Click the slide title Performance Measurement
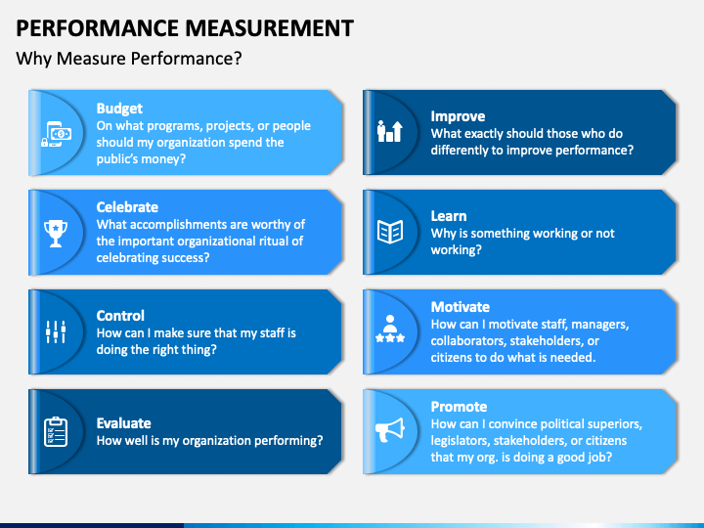tap(185, 28)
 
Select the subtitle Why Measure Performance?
tap(129, 59)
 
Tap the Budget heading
tap(119, 109)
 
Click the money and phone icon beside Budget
tap(56, 134)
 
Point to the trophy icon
tap(56, 234)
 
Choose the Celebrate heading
tap(127, 207)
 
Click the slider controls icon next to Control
tap(56, 332)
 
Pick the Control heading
tap(120, 316)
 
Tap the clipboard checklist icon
tap(56, 432)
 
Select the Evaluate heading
tap(123, 423)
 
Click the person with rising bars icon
tap(390, 132)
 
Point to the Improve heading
tap(458, 116)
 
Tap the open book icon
tap(390, 232)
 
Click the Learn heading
tap(449, 216)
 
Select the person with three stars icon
tap(390, 330)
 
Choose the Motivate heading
tap(461, 307)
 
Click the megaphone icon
tap(390, 429)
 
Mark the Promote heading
tap(459, 407)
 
